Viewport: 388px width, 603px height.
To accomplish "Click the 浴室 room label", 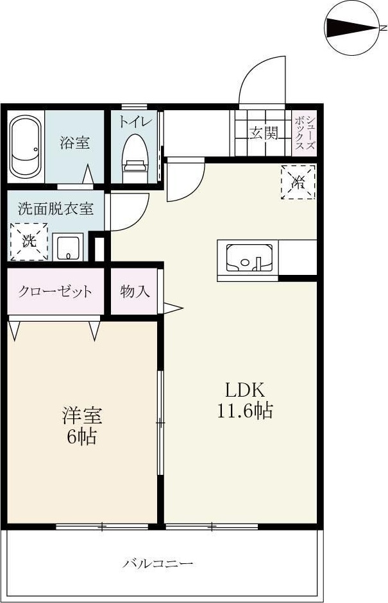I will pyautogui.click(x=75, y=142).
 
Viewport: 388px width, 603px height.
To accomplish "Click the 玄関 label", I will pyautogui.click(x=264, y=133).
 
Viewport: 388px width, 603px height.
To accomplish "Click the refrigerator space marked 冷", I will pyautogui.click(x=298, y=183).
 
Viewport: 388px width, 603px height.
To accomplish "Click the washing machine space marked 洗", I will pyautogui.click(x=29, y=241).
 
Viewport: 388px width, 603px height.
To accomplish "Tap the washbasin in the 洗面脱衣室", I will pyautogui.click(x=67, y=247).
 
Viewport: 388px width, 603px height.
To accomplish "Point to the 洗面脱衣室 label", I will pyautogui.click(x=55, y=208).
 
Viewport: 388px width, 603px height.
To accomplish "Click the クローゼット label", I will pyautogui.click(x=55, y=292).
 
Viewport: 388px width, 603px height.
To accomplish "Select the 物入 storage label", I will pyautogui.click(x=135, y=292).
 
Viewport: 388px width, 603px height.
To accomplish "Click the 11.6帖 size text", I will pyautogui.click(x=244, y=411).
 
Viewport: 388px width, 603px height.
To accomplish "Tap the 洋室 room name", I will pyautogui.click(x=81, y=416).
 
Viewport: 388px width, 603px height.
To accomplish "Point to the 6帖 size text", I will pyautogui.click(x=81, y=437).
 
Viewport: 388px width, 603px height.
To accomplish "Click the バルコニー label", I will pyautogui.click(x=158, y=564).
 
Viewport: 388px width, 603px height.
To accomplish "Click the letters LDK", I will pyautogui.click(x=244, y=389).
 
